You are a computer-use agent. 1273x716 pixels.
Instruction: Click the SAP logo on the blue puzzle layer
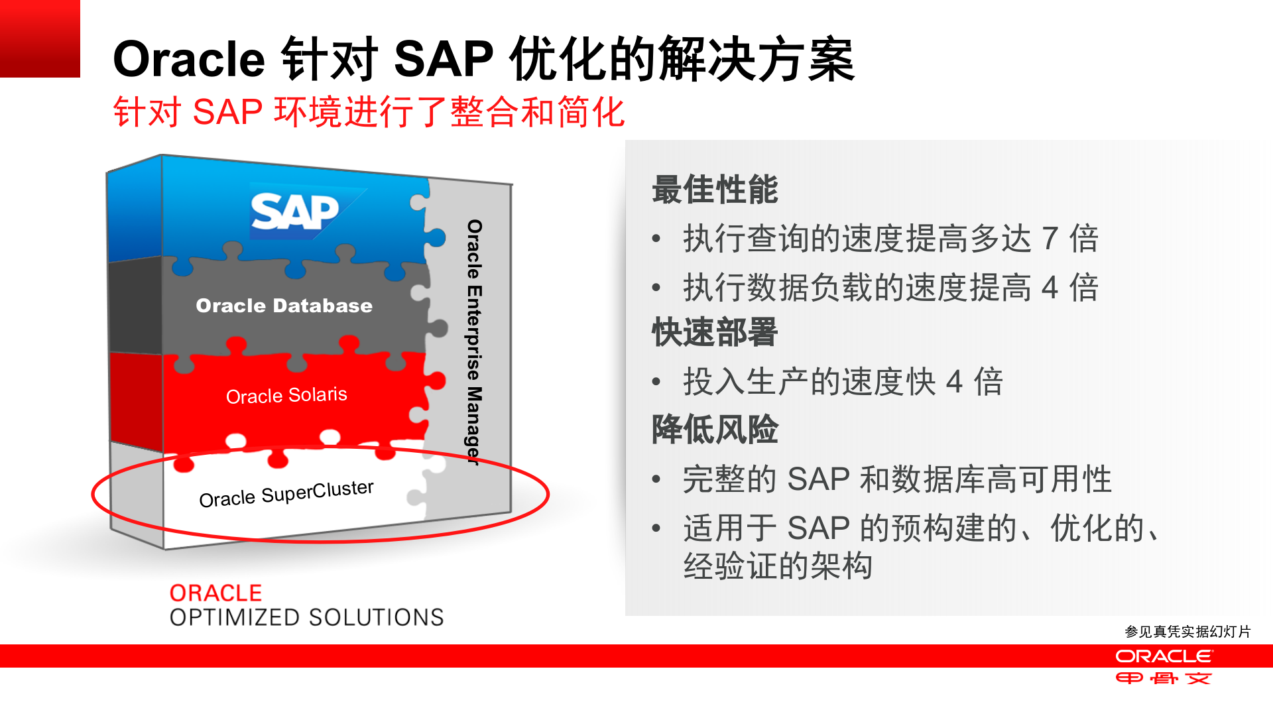(295, 212)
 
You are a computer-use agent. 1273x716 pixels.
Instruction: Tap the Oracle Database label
(284, 306)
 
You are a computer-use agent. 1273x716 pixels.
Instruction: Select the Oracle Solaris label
(286, 396)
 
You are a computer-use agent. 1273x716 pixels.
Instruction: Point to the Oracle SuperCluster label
(286, 494)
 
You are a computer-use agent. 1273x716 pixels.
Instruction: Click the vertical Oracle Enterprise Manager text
(474, 342)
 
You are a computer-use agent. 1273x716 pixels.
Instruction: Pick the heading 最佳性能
(715, 190)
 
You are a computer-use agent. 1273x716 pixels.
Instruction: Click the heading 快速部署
(715, 332)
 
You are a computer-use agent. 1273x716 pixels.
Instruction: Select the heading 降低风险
(715, 429)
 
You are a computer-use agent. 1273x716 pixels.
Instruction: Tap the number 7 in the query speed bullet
(1050, 239)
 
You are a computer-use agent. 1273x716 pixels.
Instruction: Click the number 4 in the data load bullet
(1050, 288)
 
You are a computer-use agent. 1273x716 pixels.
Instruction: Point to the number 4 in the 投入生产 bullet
(954, 382)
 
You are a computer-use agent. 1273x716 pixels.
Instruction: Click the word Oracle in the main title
(190, 60)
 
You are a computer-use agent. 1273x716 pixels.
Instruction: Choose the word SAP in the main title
(444, 60)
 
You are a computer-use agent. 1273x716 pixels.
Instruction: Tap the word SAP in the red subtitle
(227, 111)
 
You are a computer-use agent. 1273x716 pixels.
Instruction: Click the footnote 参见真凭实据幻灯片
(1187, 632)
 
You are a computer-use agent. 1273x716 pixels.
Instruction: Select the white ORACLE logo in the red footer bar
(1164, 656)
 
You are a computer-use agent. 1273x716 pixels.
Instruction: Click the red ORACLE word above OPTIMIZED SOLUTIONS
(215, 593)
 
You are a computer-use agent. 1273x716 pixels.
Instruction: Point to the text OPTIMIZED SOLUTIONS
(306, 618)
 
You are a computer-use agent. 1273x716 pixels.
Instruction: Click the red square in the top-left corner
(40, 38)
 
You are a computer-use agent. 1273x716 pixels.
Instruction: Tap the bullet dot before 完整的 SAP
(656, 479)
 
